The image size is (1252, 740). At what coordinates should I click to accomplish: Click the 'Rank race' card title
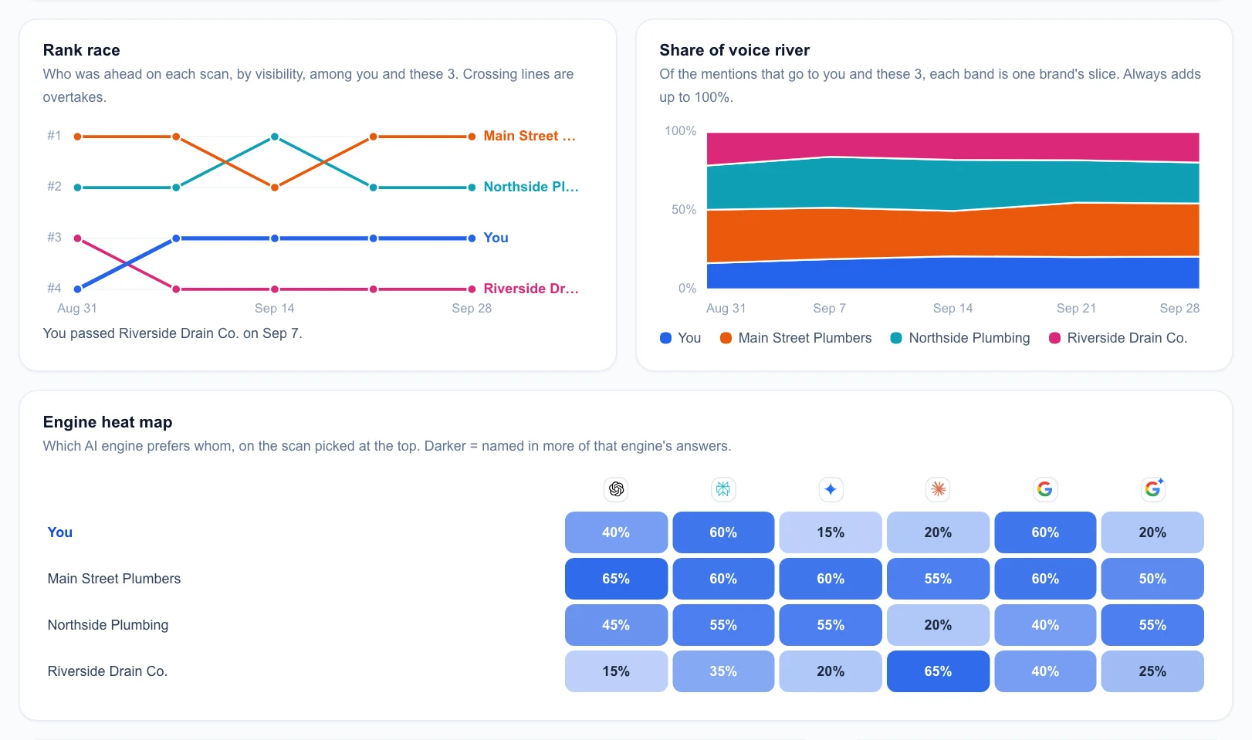tap(81, 50)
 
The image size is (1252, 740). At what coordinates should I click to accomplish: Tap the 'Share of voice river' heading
tap(734, 50)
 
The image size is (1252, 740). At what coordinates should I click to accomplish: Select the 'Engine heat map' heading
tap(107, 422)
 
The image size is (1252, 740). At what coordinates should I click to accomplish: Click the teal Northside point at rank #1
tap(275, 137)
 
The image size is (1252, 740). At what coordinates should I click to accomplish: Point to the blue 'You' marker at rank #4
tap(78, 289)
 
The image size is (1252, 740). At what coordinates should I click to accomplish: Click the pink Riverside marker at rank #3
tap(78, 238)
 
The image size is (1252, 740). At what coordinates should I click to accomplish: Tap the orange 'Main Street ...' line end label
tap(530, 136)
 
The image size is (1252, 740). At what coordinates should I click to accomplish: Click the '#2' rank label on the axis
tap(54, 186)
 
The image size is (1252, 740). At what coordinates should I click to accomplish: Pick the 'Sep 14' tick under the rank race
tap(274, 309)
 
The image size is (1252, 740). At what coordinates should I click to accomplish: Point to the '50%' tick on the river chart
tap(684, 210)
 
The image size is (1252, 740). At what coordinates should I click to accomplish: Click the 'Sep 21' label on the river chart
tap(1076, 309)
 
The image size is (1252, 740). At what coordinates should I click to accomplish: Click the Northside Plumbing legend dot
tap(896, 338)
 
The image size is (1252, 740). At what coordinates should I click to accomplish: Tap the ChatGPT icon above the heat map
tap(616, 489)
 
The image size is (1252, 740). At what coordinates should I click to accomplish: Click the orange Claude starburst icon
tap(938, 489)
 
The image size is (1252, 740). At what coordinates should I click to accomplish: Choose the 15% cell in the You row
tap(831, 532)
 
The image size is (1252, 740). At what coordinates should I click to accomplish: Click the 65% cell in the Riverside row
tap(938, 671)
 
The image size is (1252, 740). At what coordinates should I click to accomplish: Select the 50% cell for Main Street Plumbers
tap(1152, 579)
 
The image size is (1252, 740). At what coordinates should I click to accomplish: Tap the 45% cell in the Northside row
tap(616, 625)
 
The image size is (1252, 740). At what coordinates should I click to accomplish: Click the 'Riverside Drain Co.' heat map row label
tap(107, 671)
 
